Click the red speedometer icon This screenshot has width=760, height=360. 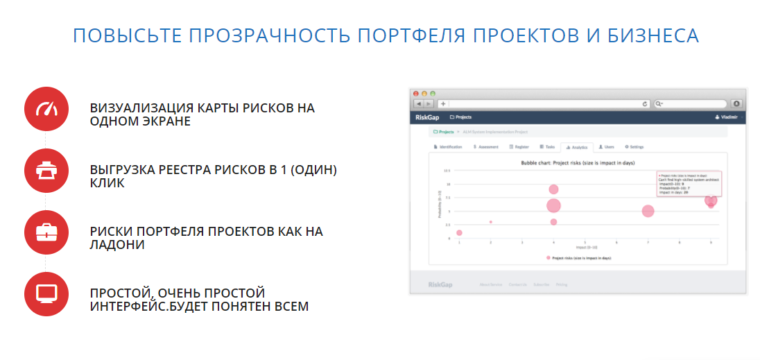pyautogui.click(x=46, y=109)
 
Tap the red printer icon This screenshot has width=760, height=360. pyautogui.click(x=46, y=171)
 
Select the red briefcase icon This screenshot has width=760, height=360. pyautogui.click(x=46, y=232)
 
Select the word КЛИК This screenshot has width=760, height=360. pyautogui.click(x=107, y=183)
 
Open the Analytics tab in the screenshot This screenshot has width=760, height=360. pyautogui.click(x=576, y=147)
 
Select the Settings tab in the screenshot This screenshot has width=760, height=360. pyautogui.click(x=634, y=147)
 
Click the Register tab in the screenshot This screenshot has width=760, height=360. pyautogui.click(x=519, y=147)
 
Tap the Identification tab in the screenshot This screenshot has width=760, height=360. pyautogui.click(x=449, y=147)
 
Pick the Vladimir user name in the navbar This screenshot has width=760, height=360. pyautogui.click(x=727, y=117)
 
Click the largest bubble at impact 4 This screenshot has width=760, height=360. pyautogui.click(x=553, y=205)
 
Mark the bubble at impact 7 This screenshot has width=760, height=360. pyautogui.click(x=648, y=211)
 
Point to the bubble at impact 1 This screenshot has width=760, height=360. pyautogui.click(x=459, y=232)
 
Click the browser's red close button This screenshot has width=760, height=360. pyautogui.click(x=416, y=93)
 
